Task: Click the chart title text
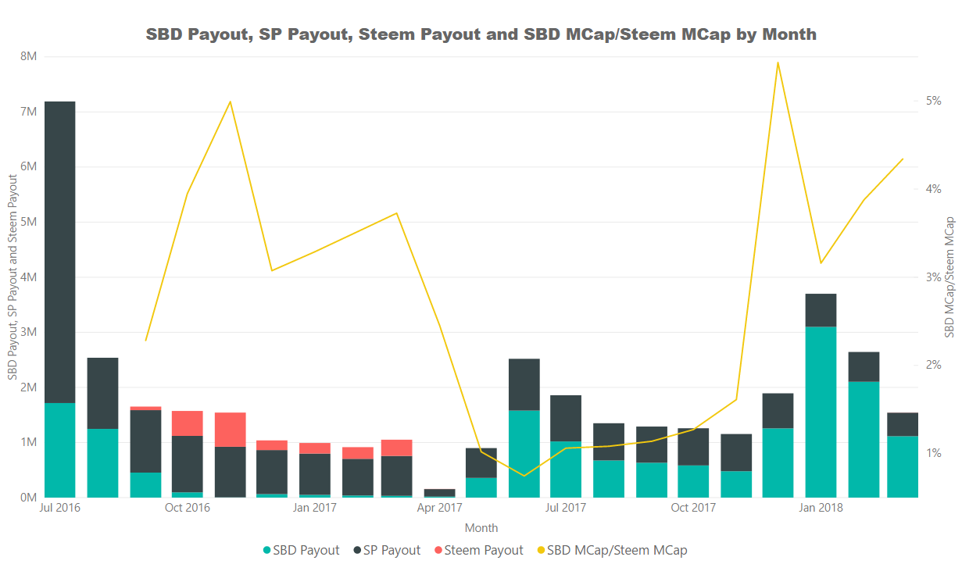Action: [x=481, y=34]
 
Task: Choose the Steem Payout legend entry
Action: [x=477, y=550]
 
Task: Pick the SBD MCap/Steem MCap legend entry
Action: [x=610, y=550]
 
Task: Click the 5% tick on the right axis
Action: [x=933, y=101]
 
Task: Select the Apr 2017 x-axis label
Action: [x=439, y=509]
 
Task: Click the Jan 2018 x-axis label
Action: [x=820, y=509]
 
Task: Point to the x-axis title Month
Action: [x=481, y=528]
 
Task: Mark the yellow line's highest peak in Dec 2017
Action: [x=778, y=62]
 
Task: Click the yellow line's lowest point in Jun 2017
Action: [x=524, y=475]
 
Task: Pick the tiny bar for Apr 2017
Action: [x=439, y=493]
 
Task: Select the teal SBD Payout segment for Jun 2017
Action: [x=524, y=453]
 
